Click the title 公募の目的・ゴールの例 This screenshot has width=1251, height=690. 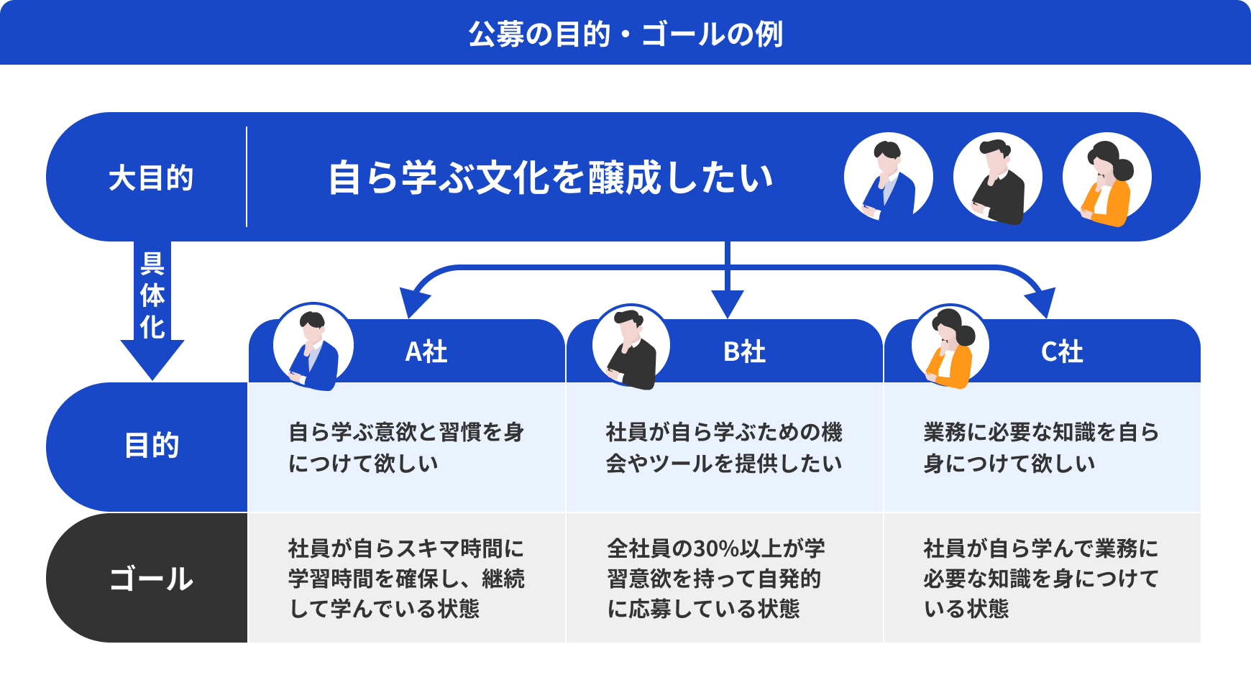point(625,34)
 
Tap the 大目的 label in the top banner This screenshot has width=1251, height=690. point(151,178)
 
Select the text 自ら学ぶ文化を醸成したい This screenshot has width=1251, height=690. point(550,178)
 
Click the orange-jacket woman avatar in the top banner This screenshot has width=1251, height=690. point(1106,178)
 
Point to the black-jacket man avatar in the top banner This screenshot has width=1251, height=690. point(997,178)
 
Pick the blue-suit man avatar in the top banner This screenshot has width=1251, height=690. point(888,178)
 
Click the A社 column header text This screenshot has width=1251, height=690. point(426,351)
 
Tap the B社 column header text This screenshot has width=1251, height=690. point(744,351)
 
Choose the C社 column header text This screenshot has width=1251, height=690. point(1062,351)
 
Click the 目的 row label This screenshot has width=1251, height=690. point(151,446)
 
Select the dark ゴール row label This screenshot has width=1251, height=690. point(151,579)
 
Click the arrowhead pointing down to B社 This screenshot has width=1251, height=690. point(727,303)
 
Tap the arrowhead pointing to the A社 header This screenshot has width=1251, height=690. point(412,302)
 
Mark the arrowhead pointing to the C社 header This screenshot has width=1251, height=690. point(1042,302)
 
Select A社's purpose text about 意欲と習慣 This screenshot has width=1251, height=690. point(406,447)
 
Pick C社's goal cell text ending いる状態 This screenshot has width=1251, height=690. point(1040,579)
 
